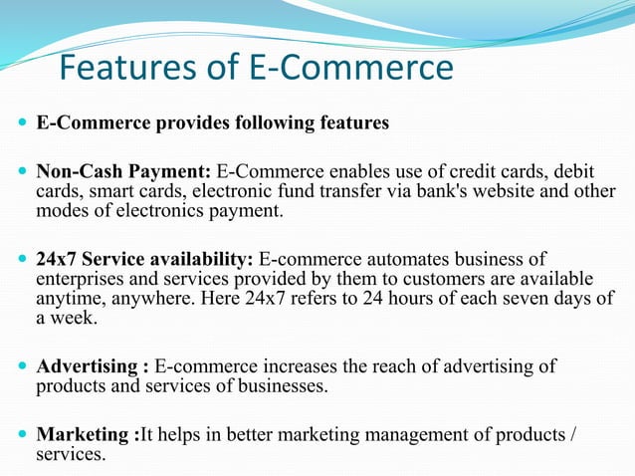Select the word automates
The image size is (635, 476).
coord(388,258)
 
